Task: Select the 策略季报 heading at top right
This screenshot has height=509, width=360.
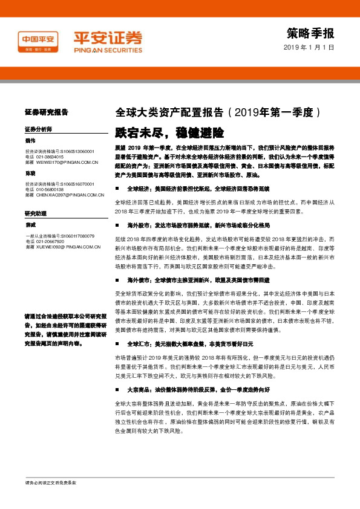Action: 310,33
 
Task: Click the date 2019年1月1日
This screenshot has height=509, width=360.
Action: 309,48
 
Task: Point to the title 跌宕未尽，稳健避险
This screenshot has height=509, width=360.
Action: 169,131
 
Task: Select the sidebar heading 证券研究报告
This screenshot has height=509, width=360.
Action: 46,112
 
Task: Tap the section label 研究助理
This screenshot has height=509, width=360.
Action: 35,213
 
